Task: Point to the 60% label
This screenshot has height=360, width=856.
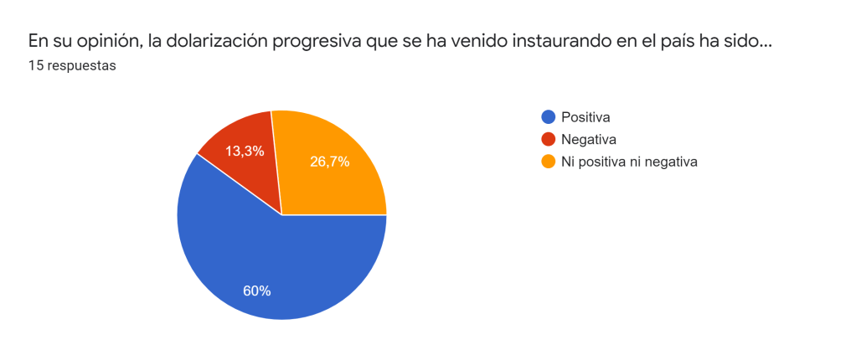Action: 256,291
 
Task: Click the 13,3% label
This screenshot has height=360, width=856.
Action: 245,151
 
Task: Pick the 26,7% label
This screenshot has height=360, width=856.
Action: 329,162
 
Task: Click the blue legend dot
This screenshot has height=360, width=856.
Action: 549,116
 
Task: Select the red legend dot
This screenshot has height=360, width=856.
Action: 549,139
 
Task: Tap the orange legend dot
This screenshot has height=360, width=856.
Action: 549,162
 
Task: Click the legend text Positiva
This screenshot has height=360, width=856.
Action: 585,116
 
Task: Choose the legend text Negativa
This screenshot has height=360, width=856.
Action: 589,139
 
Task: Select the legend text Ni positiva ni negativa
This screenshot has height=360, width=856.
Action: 629,162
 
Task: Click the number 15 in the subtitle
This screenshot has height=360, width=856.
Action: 35,65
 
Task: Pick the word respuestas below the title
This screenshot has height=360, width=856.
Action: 81,65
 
